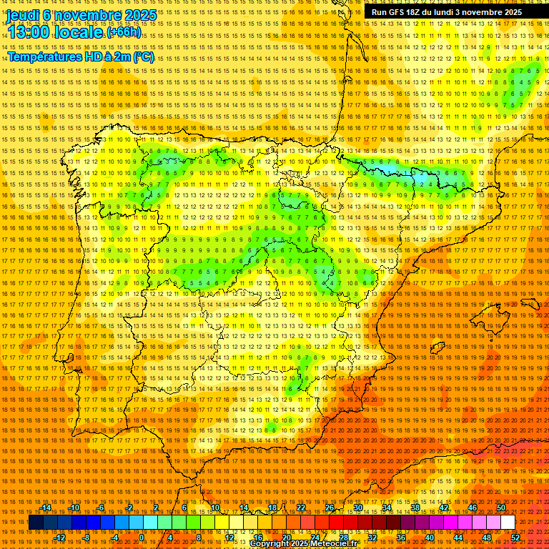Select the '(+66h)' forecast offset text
coord(124,33)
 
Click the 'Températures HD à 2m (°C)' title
coord(80,56)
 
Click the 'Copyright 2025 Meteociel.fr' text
coord(303,544)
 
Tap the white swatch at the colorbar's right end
coord(508,523)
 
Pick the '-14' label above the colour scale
coord(46,508)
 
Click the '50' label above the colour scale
coord(501,508)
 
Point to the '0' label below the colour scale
coord(142,538)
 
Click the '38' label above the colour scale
coord(415,508)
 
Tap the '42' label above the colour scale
coord(443,508)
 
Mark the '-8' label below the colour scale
coord(87,538)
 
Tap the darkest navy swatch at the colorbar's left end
coord(35,523)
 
